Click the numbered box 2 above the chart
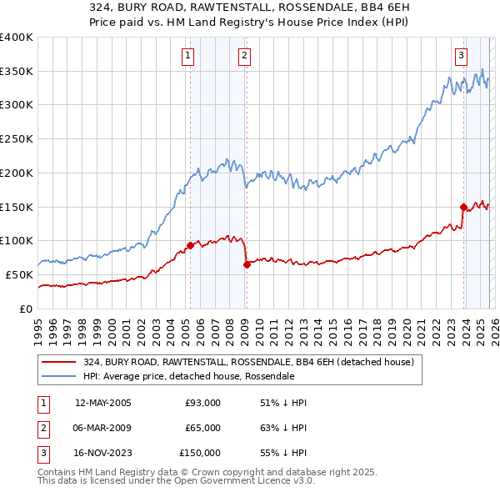tap(244, 56)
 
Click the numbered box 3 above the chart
tap(461, 56)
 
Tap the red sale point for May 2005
tap(190, 245)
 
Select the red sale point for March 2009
tap(247, 264)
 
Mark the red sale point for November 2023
tap(463, 206)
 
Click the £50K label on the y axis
tap(19, 274)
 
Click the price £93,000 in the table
tap(202, 403)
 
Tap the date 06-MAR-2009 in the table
tap(102, 428)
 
